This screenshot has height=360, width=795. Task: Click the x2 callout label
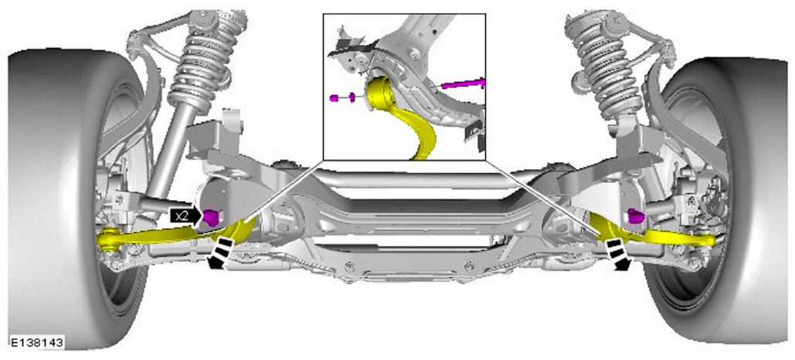pyautogui.click(x=181, y=216)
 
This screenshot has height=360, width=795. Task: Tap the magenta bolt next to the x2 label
pyautogui.click(x=211, y=218)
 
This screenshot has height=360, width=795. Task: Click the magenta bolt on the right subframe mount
pyautogui.click(x=635, y=216)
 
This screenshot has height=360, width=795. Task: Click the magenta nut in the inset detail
pyautogui.click(x=334, y=97)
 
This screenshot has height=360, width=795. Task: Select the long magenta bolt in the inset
pyautogui.click(x=463, y=83)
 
